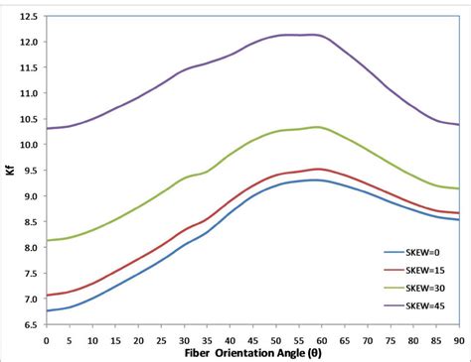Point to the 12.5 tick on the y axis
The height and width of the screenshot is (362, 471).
click(29, 17)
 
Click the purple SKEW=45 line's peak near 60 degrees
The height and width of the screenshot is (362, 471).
click(316, 35)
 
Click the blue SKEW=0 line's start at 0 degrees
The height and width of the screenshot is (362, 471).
click(47, 311)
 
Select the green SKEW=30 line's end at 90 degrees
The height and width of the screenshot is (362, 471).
click(457, 188)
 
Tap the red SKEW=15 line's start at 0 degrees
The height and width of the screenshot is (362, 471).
click(47, 296)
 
